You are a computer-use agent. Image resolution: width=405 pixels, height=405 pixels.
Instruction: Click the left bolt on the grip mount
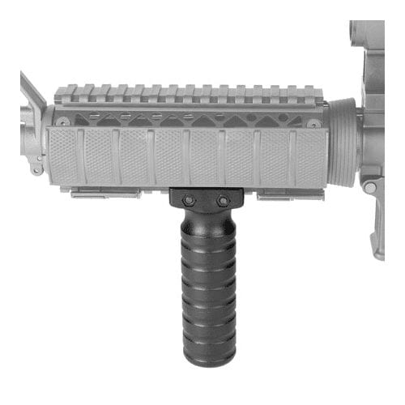point(187,199)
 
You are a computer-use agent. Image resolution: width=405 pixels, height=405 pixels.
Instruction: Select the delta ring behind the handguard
point(341,142)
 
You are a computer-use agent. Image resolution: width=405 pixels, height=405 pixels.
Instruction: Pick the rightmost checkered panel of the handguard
point(309,156)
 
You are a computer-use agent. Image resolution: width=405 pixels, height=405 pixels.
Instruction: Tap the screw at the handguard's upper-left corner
point(63,122)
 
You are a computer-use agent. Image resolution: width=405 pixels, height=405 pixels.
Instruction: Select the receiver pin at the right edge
point(370,187)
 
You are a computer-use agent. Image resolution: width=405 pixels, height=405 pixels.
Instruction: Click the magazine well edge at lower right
point(377,235)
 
